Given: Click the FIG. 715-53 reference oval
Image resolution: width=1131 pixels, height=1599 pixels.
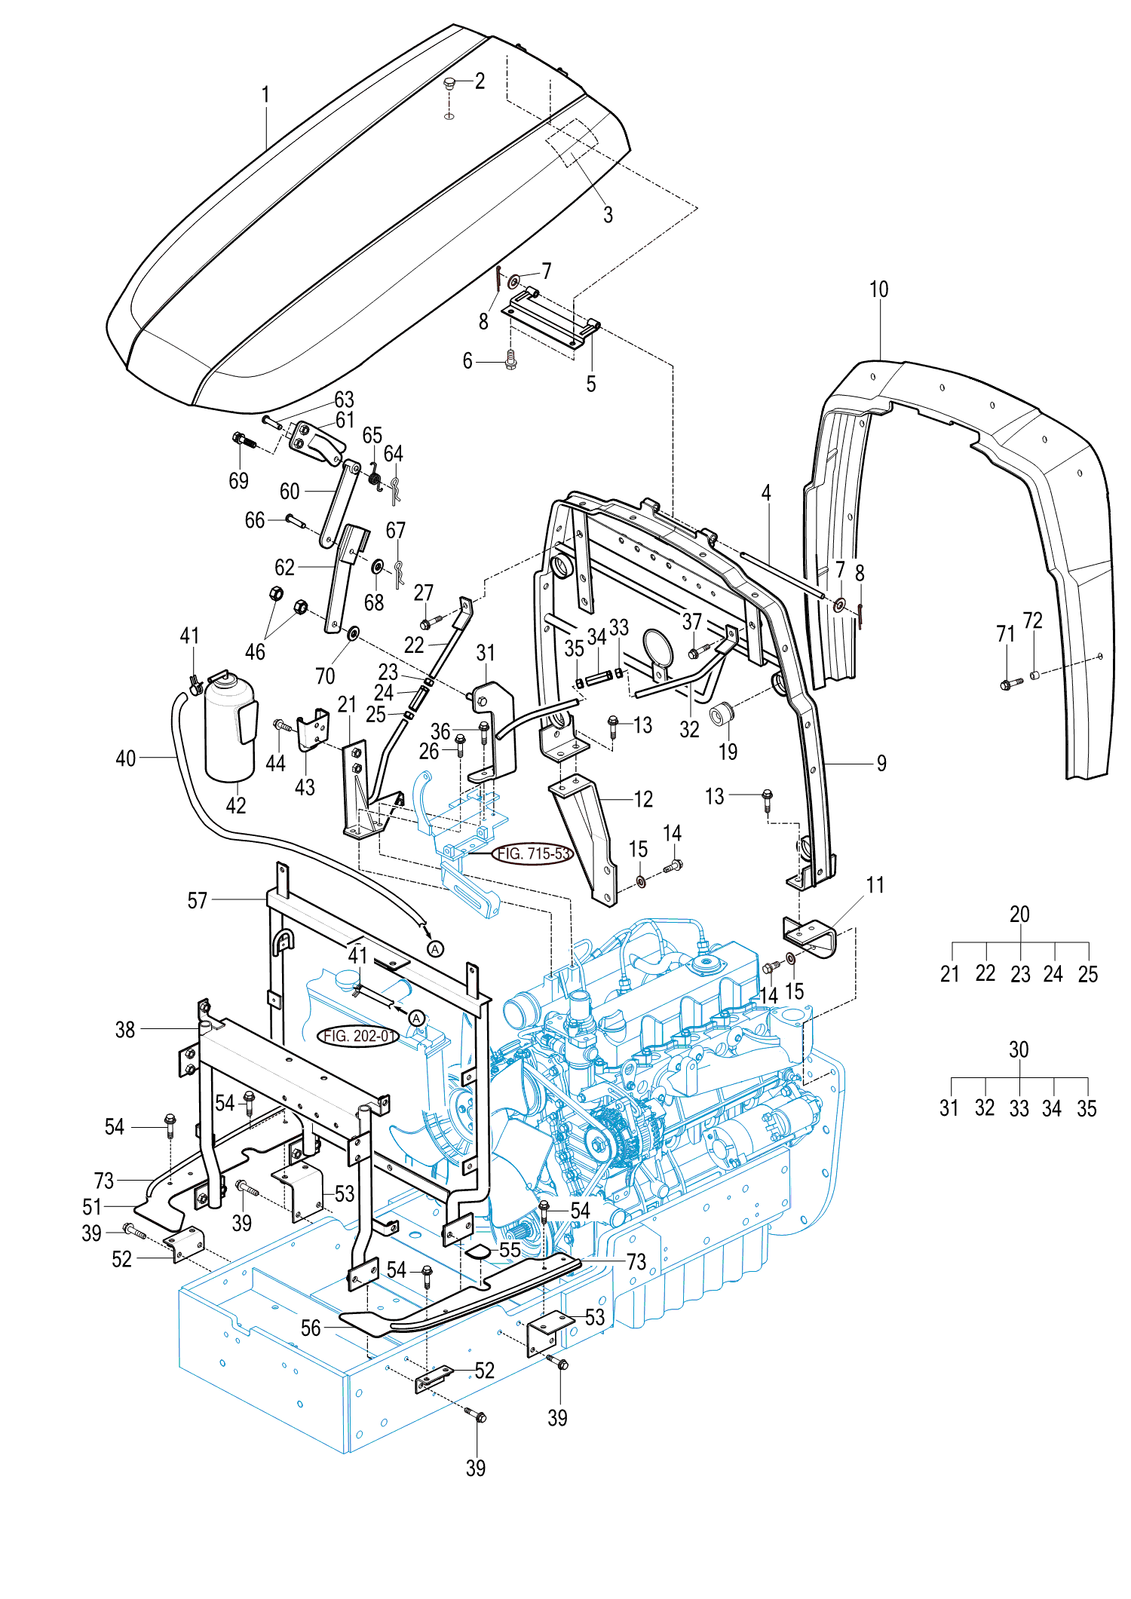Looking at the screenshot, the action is coord(533,853).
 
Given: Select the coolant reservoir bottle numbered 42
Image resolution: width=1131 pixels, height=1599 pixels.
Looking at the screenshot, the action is coord(230,728).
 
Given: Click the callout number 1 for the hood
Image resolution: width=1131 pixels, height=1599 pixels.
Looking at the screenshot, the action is coord(265,95).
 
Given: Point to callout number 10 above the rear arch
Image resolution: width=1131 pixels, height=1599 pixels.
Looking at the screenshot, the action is coord(878,289).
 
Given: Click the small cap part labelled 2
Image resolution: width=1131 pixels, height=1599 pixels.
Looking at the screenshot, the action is coord(449,84).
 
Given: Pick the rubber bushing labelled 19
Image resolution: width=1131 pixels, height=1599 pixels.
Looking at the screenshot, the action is coord(723,712).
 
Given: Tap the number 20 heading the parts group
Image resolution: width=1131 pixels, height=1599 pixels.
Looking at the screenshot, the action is coord(1019,914).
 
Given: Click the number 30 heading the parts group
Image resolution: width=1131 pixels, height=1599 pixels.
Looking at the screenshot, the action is coord(1019,1049).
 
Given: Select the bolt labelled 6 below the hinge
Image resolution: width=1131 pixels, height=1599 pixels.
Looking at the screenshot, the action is coord(510,360).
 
